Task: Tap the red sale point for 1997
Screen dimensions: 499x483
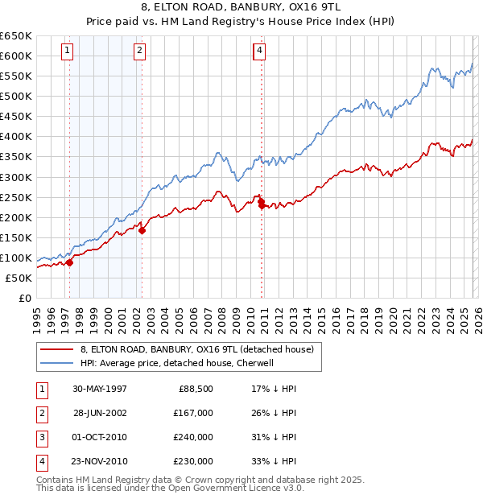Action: [70, 262]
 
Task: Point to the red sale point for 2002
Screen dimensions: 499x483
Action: [142, 230]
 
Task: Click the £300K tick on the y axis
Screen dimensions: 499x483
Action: [16, 177]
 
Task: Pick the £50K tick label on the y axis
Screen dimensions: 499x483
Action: [19, 278]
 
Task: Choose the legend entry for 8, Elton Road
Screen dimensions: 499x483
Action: [201, 349]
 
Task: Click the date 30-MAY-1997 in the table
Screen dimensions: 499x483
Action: [100, 389]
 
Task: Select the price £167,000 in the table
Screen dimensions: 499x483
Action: [193, 413]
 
